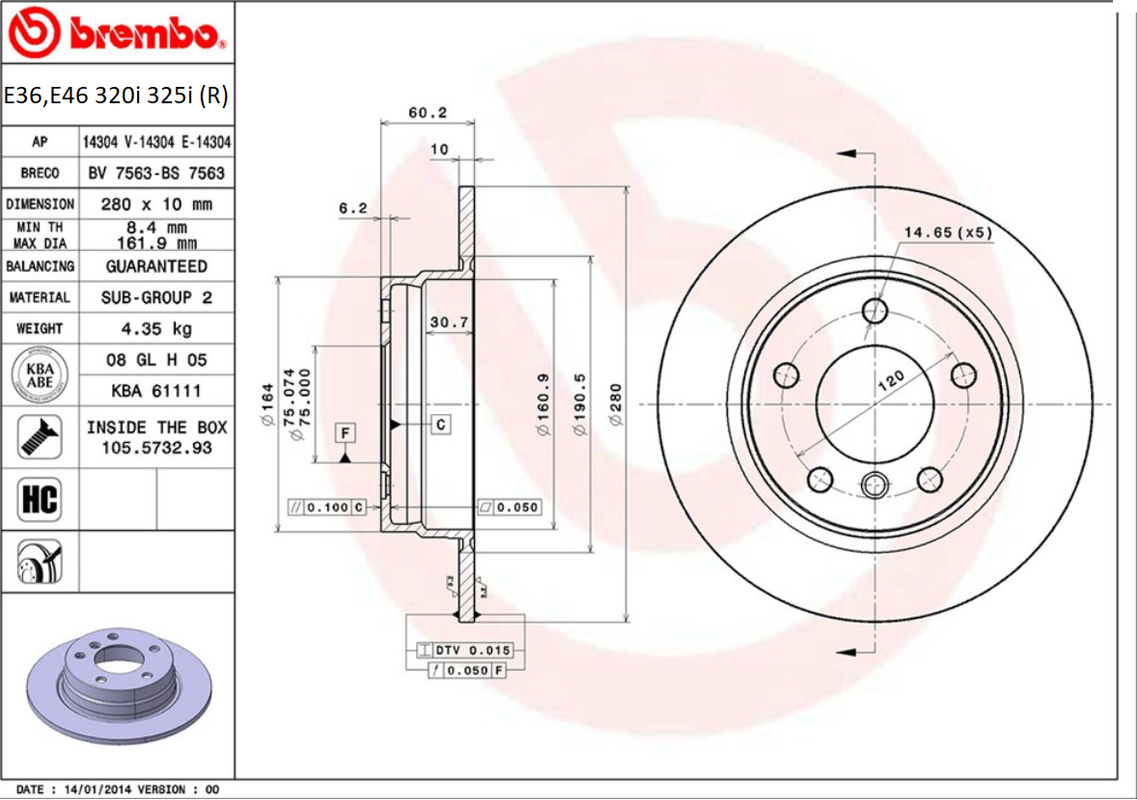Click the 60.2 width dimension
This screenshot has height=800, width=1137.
point(428,112)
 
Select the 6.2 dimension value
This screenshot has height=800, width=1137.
point(353,207)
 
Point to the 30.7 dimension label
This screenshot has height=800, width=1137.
point(449,321)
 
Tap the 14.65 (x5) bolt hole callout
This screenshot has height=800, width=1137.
point(948,232)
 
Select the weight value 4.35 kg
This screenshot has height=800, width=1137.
point(155,328)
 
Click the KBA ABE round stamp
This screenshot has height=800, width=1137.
point(39,374)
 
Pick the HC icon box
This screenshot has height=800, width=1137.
point(39,499)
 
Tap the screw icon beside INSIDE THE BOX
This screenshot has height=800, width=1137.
point(39,436)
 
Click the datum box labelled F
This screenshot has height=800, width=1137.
point(345,433)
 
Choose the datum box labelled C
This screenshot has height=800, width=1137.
point(440,424)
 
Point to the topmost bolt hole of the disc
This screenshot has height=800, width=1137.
point(875,311)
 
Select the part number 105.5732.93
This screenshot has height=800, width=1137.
point(156,448)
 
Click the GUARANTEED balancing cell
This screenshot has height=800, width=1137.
point(156,265)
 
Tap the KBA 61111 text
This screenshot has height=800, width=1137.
point(156,391)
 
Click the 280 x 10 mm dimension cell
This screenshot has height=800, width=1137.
point(156,204)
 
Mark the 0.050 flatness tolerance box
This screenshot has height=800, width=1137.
point(510,507)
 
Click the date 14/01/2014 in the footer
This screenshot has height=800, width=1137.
point(95,789)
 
